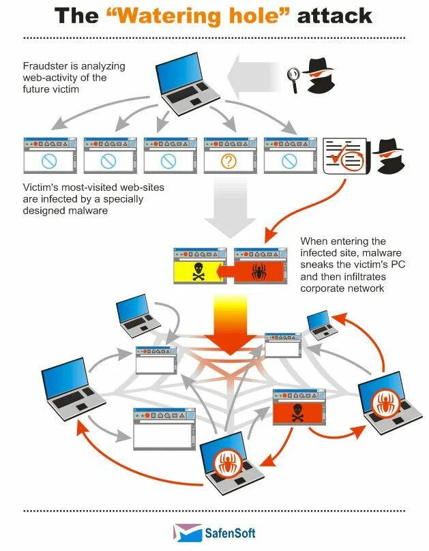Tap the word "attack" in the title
click(x=336, y=16)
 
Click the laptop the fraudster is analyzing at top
click(x=182, y=80)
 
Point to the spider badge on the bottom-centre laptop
click(x=224, y=464)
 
